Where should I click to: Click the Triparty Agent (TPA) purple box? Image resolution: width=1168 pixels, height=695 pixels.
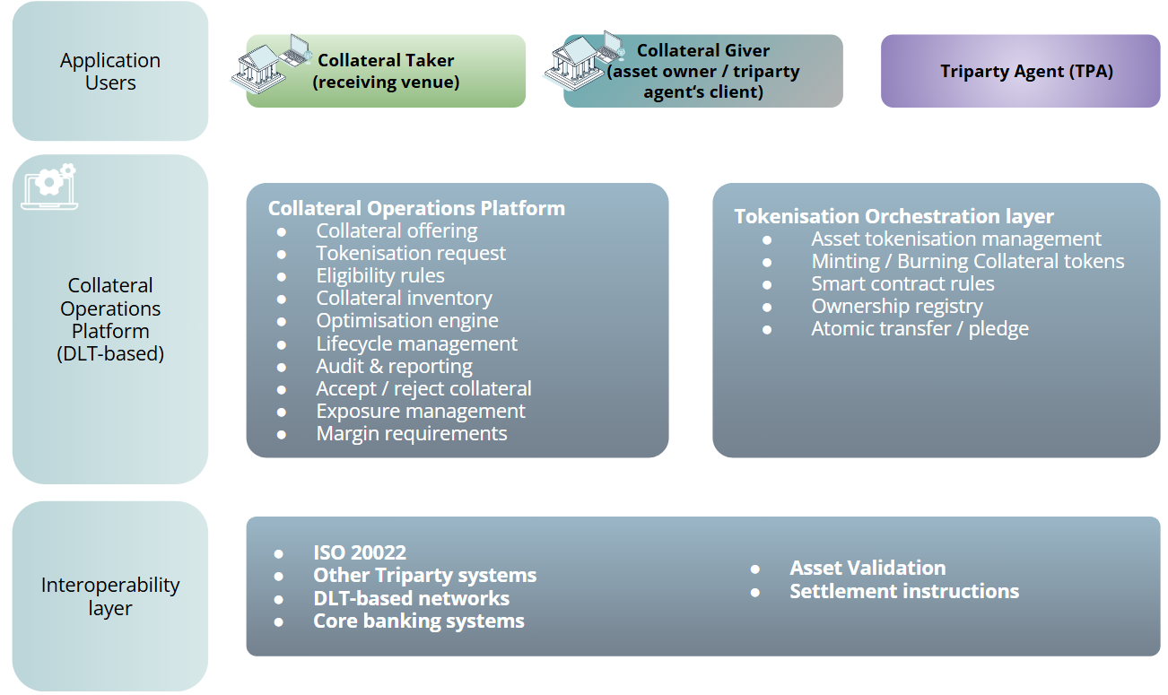[1021, 71]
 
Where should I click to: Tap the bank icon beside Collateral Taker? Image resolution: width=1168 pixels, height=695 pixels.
[270, 64]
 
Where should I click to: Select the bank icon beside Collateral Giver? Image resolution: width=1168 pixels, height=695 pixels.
[583, 60]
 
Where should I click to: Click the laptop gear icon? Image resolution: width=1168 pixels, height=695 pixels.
[49, 187]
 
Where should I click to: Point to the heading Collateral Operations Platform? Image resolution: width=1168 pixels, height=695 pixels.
[416, 208]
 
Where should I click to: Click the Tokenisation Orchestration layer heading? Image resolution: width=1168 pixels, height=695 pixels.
[893, 216]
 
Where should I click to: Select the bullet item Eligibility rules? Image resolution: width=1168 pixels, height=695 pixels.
[380, 275]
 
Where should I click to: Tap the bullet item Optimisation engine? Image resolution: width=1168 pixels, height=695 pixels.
[406, 320]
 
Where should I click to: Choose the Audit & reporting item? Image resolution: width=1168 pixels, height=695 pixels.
[394, 366]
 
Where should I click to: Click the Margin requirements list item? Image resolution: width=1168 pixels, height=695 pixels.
[412, 433]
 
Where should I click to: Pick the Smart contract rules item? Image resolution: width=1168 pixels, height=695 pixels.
[902, 283]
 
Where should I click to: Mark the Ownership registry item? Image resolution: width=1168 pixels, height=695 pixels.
[897, 306]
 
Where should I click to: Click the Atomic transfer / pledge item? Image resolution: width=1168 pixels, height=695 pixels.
[920, 328]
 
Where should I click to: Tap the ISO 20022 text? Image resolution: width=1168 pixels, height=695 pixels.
[359, 552]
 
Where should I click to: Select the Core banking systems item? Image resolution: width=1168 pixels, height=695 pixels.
[419, 621]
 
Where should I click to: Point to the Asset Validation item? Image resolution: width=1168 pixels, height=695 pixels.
[867, 568]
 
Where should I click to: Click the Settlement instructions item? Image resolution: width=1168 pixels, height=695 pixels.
[904, 591]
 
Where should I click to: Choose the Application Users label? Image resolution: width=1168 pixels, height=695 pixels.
[110, 72]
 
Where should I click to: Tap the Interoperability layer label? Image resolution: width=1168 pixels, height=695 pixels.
[110, 596]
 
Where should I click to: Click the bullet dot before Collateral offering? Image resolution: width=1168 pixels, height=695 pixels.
[281, 231]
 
